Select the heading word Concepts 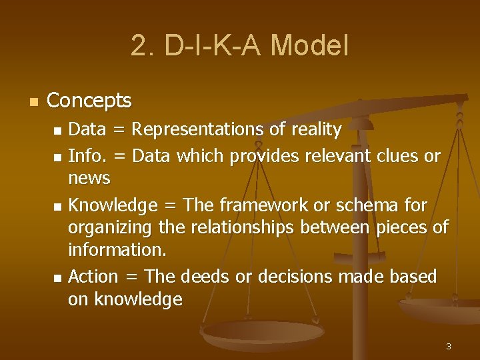89,101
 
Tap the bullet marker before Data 58,130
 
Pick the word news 89,178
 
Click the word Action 93,276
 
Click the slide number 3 449,346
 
